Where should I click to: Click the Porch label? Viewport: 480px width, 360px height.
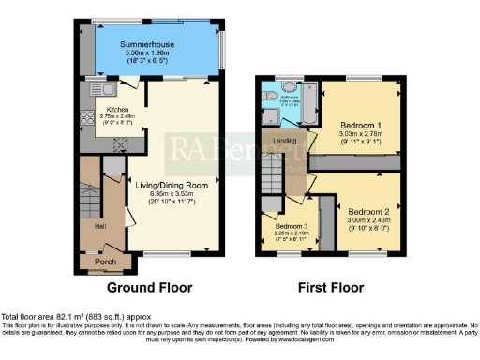pyautogui.click(x=105, y=262)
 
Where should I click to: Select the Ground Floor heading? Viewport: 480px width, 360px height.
pyautogui.click(x=150, y=287)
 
